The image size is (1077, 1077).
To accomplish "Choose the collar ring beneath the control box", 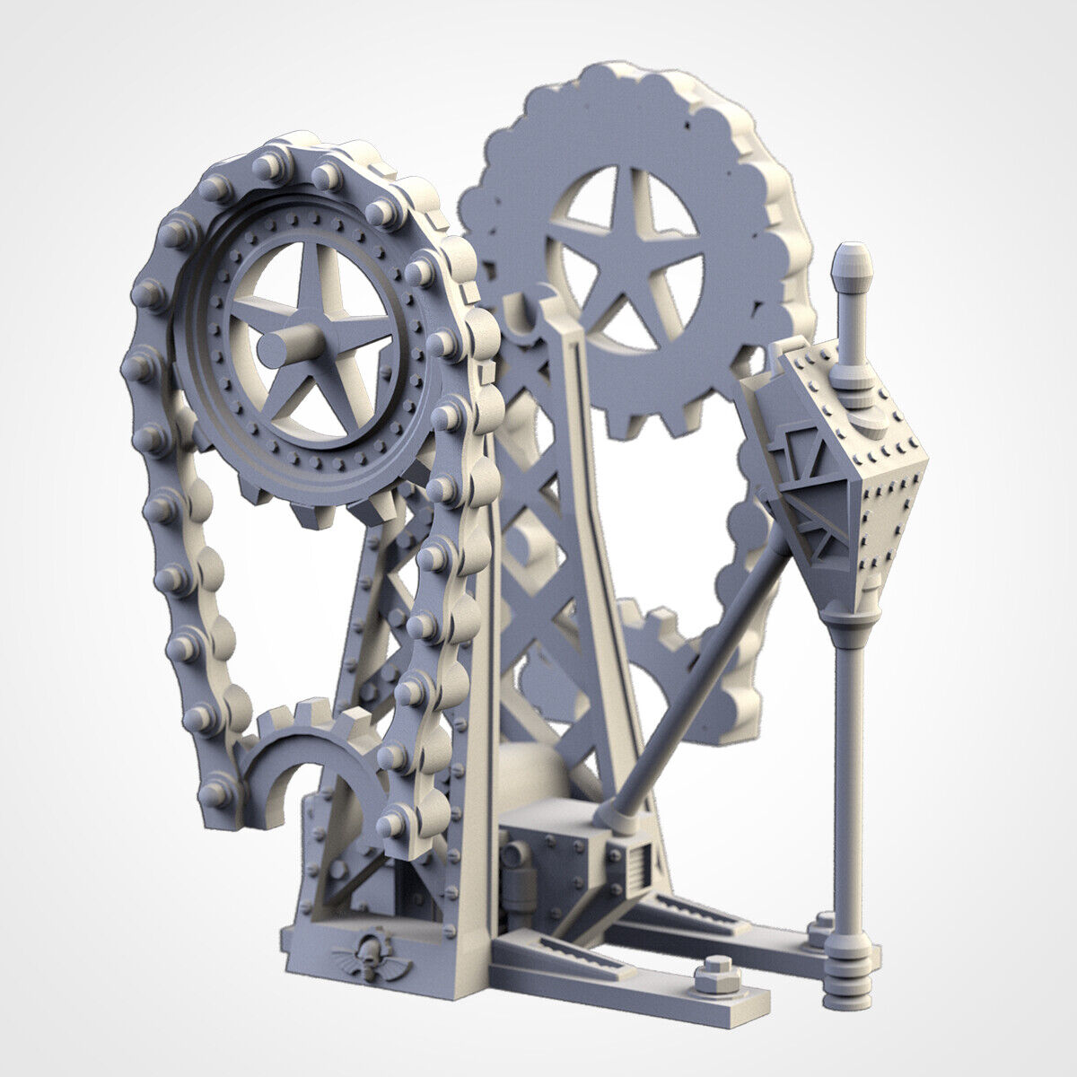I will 848,624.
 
